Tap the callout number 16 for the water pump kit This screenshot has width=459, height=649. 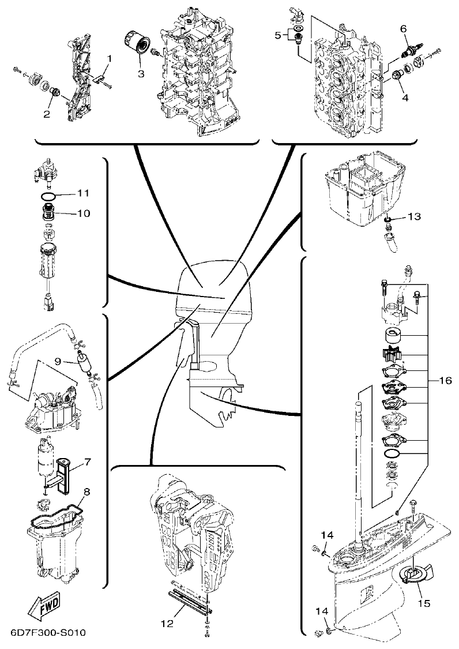click(x=444, y=381)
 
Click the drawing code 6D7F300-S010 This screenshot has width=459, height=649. click(x=47, y=633)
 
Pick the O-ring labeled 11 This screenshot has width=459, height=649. click(x=49, y=196)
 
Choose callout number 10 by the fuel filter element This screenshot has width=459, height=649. click(x=84, y=213)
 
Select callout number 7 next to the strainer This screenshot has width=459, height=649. click(x=88, y=462)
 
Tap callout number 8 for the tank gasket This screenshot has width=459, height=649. click(x=87, y=492)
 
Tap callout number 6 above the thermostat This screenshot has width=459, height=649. click(x=403, y=28)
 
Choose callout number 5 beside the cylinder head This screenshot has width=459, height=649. click(x=278, y=35)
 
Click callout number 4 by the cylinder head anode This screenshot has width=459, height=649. click(x=405, y=97)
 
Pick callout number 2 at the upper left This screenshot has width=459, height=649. click(x=46, y=114)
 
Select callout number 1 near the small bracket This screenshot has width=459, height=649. click(x=110, y=58)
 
